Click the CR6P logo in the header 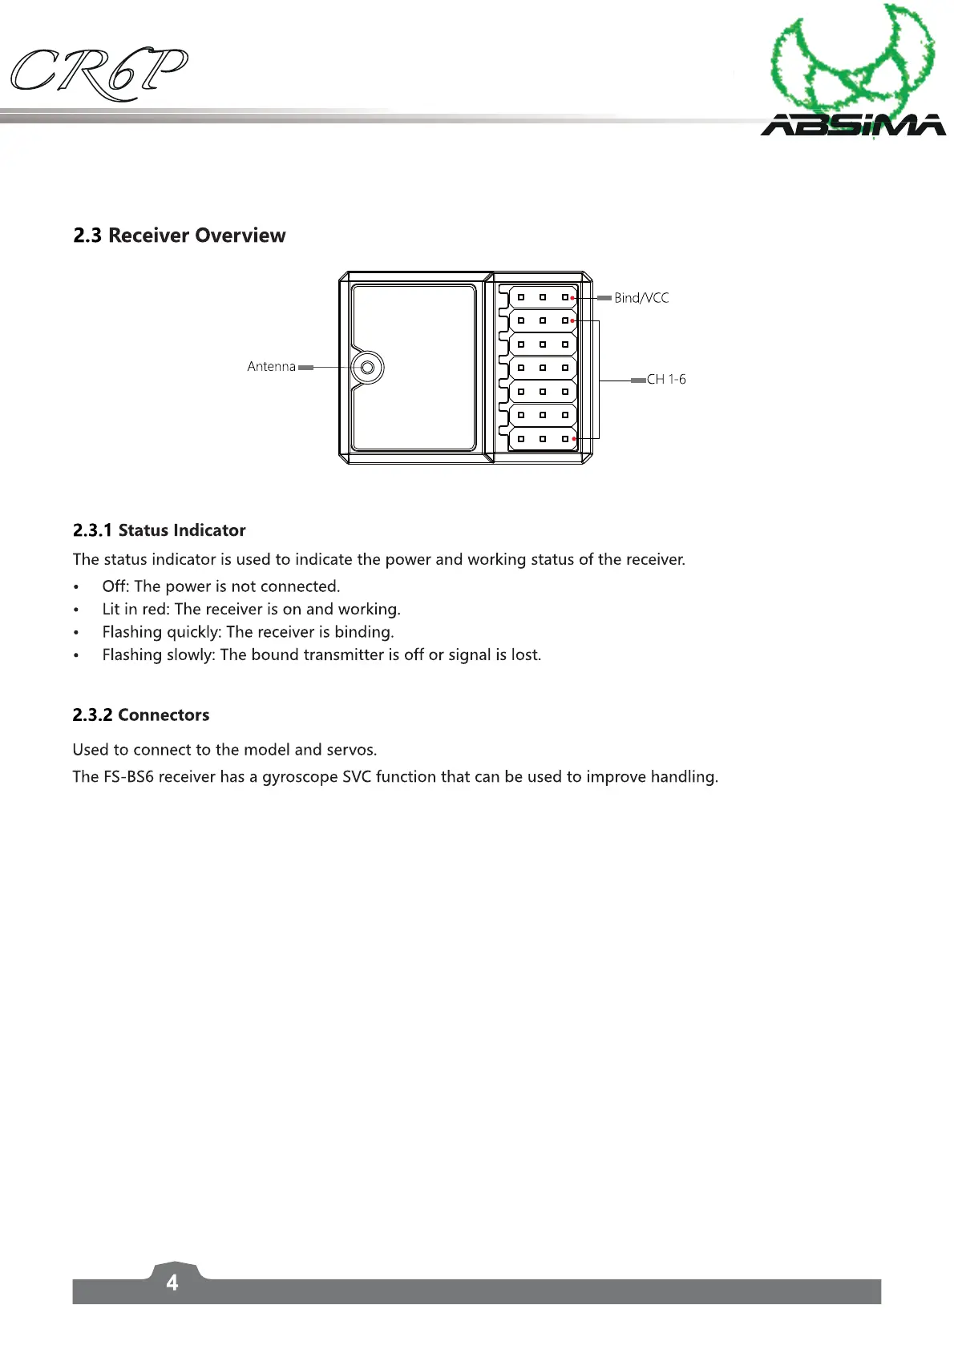tap(99, 73)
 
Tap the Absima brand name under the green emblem tap(853, 126)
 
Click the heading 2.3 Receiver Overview tap(180, 236)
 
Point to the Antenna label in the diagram tap(271, 367)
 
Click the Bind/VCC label tap(641, 298)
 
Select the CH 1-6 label tap(666, 380)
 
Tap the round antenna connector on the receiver tap(367, 368)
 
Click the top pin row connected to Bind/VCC tap(543, 297)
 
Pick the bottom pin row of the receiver tap(543, 439)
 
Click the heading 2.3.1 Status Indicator tap(160, 530)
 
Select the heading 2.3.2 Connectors tap(141, 715)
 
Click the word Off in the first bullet tap(115, 586)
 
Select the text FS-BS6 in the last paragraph tap(128, 777)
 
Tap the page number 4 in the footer tap(172, 1283)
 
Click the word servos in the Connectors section tap(351, 750)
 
